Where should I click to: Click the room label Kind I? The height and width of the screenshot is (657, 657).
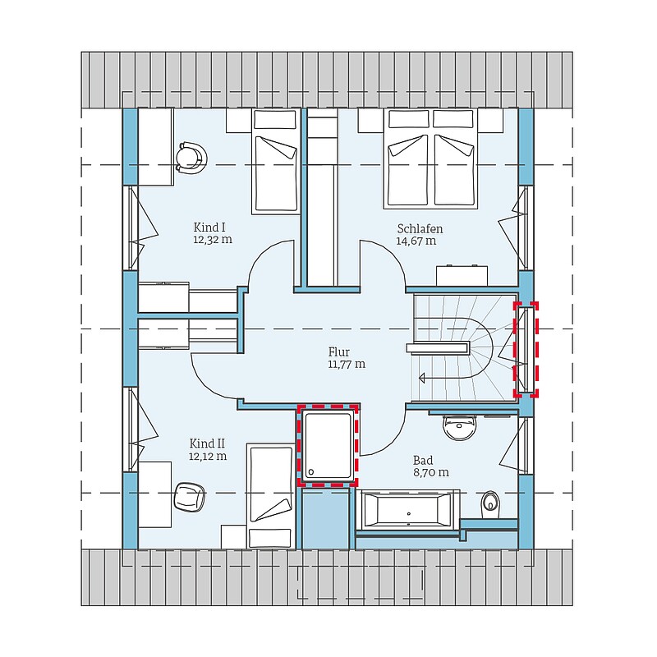(209, 227)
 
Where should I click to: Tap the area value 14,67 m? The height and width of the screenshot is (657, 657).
(416, 241)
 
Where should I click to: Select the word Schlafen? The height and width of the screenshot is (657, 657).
(420, 229)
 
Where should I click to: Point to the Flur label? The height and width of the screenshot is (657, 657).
(339, 352)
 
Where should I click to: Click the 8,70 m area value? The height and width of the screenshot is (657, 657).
(430, 473)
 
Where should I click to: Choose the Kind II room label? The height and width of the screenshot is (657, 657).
(207, 443)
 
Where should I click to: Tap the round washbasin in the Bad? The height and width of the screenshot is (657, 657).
(460, 426)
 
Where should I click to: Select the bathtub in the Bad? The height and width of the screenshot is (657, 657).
(407, 509)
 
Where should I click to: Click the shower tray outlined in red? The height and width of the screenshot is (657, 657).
(328, 446)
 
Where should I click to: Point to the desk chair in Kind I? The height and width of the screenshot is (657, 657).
(191, 158)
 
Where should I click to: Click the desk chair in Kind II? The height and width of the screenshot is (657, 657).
(189, 497)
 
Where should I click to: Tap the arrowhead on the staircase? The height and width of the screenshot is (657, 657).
(422, 378)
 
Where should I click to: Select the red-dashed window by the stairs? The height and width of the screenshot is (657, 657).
(526, 350)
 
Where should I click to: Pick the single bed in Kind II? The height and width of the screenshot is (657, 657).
(271, 498)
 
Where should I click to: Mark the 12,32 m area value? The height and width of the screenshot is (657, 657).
(213, 240)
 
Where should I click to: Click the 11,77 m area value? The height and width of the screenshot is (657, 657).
(347, 364)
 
